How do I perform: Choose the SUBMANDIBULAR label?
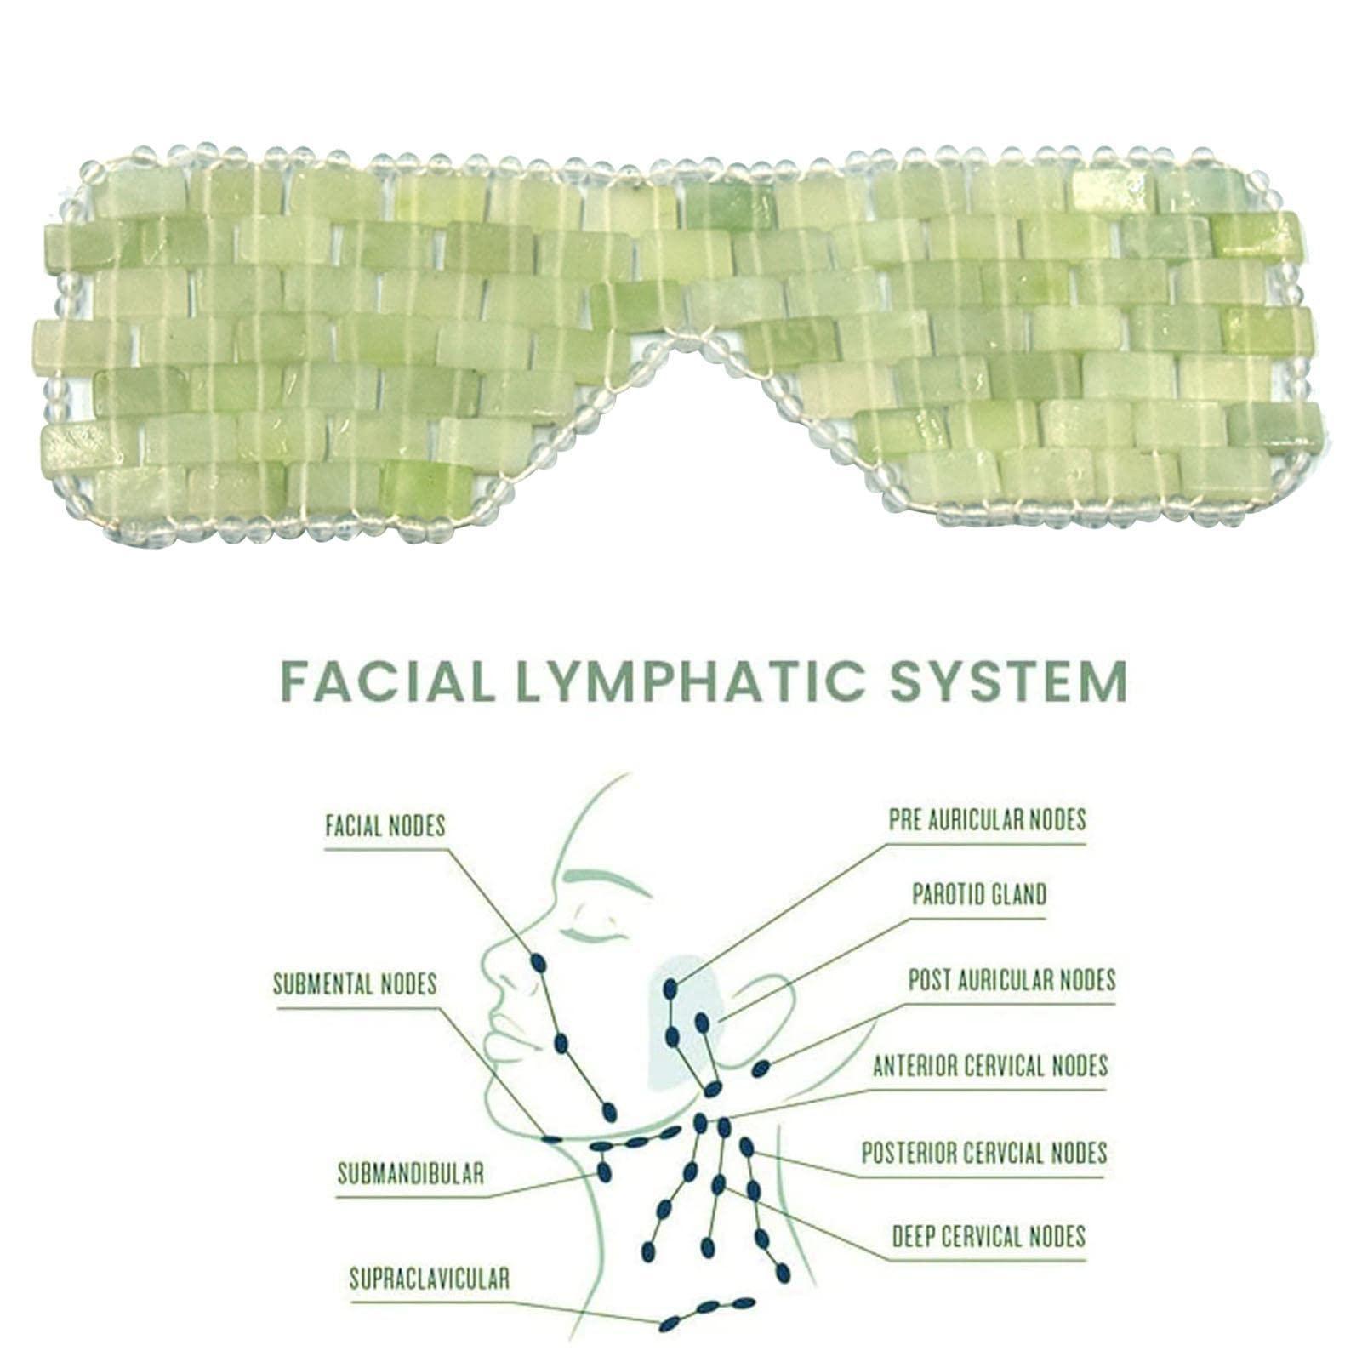(411, 1174)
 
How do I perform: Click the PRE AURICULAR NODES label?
(987, 819)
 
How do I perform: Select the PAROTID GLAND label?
(979, 895)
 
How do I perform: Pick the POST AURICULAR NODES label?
(1012, 979)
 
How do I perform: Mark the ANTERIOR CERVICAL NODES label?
(990, 1065)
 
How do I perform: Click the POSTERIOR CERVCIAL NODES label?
(984, 1153)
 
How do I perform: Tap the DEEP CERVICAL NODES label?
(989, 1236)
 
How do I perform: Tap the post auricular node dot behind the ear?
(761, 1069)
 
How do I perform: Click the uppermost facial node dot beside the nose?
(538, 963)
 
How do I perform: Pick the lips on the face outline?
(502, 1034)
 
